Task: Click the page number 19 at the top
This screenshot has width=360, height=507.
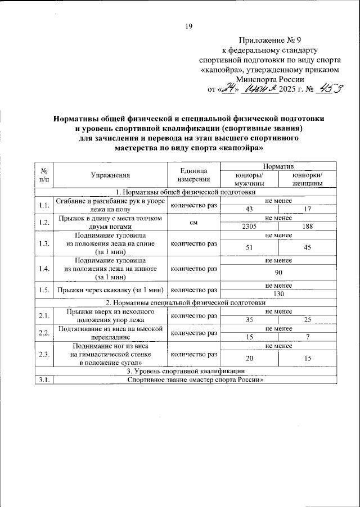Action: click(189, 25)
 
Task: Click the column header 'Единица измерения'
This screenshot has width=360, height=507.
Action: click(193, 175)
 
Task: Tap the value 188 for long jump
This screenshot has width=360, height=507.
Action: click(307, 226)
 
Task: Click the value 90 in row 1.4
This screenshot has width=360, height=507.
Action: click(278, 272)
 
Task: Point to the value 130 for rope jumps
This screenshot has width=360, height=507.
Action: click(278, 293)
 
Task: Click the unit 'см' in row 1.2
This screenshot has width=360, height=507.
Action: click(193, 222)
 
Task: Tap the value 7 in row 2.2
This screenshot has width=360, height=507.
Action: click(307, 336)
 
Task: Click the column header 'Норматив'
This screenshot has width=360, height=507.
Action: click(278, 167)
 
